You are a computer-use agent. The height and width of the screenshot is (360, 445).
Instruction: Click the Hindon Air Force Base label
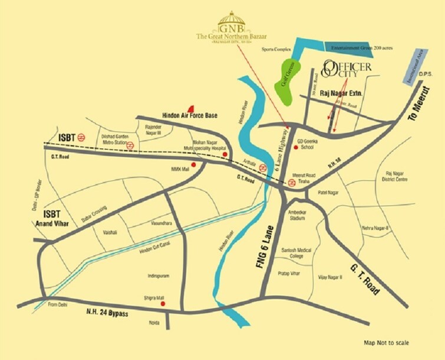tap(189, 115)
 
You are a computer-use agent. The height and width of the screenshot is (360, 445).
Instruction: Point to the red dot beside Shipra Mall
tap(163, 304)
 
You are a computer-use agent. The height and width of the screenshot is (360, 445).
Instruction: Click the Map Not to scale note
tap(387, 342)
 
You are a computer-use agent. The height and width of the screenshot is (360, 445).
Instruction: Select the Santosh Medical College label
tap(291, 253)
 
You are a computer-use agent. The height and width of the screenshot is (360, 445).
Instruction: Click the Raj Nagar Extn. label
tap(344, 94)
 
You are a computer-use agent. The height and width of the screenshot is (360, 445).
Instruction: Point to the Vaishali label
tap(110, 233)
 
